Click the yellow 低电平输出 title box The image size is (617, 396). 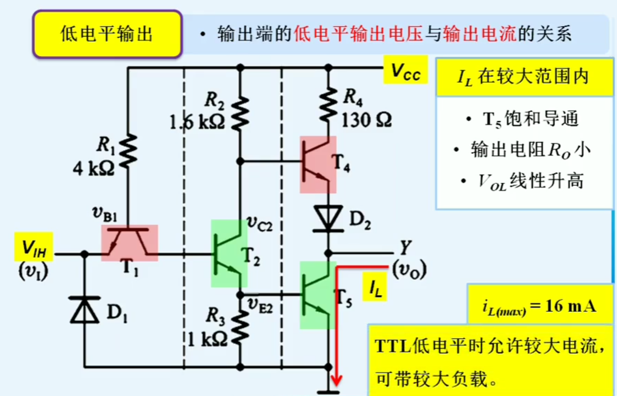[107, 34]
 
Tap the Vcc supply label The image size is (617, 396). [405, 71]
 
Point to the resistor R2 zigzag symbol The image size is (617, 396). [240, 114]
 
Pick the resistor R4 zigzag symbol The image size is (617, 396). [328, 105]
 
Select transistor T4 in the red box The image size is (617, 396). [318, 164]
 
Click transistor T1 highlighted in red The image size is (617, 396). [129, 243]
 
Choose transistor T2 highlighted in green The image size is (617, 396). [229, 254]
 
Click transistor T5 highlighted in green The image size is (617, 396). [317, 295]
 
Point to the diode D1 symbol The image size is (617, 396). [84, 310]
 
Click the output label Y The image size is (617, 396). [405, 247]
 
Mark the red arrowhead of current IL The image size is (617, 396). [336, 380]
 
